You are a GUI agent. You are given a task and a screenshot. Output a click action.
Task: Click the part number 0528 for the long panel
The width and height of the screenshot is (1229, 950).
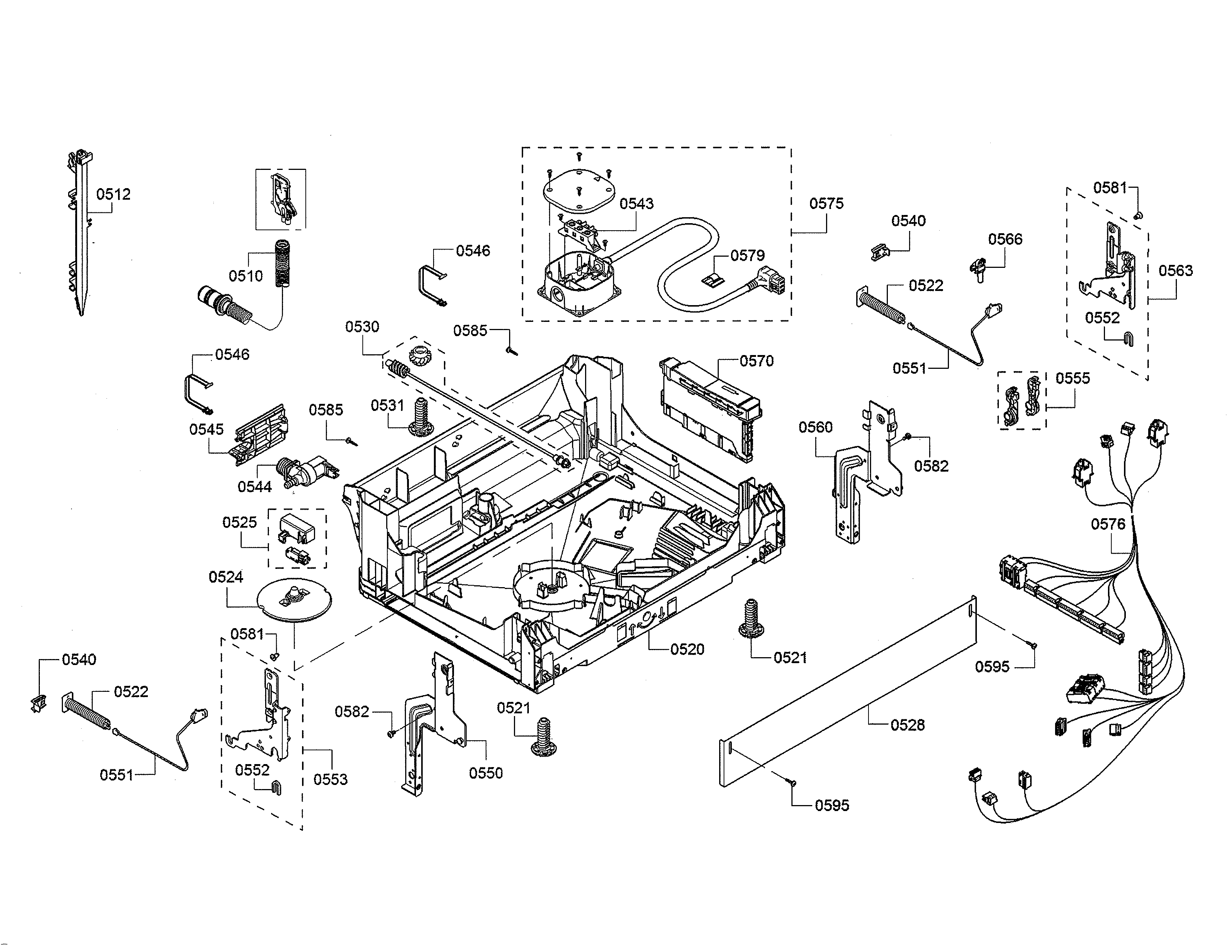click(x=907, y=725)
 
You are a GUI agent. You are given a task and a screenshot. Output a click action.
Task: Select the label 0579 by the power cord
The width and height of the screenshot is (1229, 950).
click(x=747, y=256)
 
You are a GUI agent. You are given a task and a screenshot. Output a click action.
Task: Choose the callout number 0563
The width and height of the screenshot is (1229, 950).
click(x=1175, y=271)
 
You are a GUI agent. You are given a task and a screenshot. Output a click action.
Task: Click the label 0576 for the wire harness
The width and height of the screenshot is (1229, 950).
click(x=1108, y=525)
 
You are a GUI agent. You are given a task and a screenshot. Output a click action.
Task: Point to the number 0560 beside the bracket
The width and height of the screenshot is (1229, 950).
click(x=815, y=427)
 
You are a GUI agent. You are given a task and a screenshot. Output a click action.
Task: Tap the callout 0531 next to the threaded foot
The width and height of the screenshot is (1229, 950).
click(x=387, y=405)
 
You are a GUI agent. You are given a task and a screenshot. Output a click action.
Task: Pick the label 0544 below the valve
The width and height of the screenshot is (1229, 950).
click(x=254, y=487)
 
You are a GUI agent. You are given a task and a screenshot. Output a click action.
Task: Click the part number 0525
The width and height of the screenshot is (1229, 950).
click(x=239, y=522)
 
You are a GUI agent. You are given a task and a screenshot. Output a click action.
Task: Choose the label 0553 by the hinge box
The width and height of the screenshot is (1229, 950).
click(x=330, y=779)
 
